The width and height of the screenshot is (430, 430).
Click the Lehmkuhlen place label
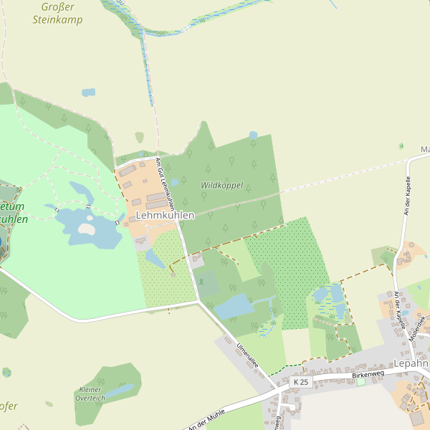(x=165, y=215)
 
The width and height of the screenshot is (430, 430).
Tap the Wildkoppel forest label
(x=221, y=185)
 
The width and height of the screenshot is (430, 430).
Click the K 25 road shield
(x=302, y=383)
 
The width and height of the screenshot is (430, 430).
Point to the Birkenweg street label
(x=368, y=374)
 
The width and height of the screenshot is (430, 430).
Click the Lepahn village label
(x=411, y=363)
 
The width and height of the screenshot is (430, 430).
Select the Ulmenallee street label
(x=247, y=356)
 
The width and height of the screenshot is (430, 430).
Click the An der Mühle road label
(x=207, y=419)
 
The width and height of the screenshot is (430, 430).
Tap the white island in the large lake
(x=86, y=229)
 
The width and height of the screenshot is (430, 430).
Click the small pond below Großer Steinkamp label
(x=88, y=92)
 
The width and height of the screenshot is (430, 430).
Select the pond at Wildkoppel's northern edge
(x=253, y=135)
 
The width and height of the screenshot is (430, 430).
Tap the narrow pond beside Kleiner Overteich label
(x=121, y=390)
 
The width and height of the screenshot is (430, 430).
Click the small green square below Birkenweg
(x=360, y=382)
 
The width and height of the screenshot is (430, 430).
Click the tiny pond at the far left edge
(x=6, y=372)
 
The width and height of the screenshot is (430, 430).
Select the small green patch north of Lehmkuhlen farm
(x=139, y=137)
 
